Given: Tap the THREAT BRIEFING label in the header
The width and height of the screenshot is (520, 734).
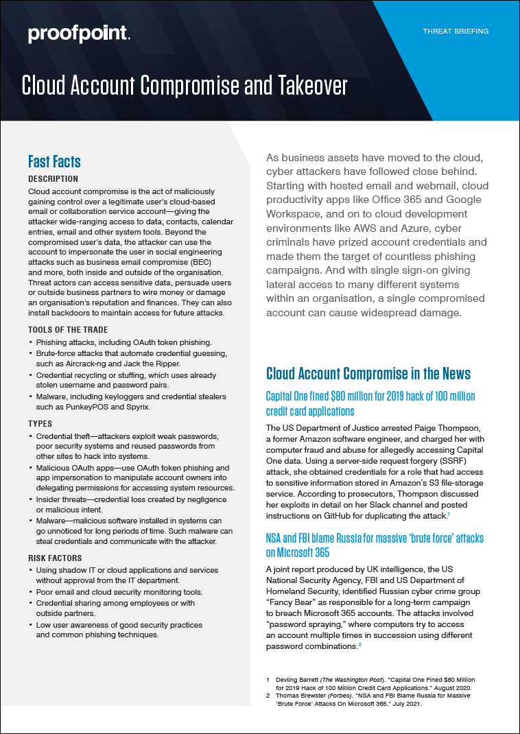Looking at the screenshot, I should [456, 32].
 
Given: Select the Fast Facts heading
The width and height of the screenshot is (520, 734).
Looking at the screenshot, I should [54, 162].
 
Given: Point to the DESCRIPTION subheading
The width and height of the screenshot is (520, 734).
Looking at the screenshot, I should [53, 179].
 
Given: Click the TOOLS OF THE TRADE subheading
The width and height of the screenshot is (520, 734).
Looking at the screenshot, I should [67, 330].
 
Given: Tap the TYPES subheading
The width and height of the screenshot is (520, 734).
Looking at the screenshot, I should [39, 424].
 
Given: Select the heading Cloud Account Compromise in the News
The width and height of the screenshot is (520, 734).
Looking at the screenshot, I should [368, 373].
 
